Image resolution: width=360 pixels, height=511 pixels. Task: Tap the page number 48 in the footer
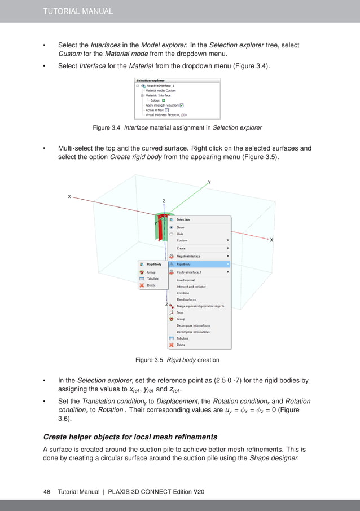47,492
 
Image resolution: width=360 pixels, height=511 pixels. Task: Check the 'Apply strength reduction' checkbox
190,105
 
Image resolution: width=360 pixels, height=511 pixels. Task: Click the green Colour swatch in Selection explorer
164,100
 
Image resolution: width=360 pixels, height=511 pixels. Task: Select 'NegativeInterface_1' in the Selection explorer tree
165,86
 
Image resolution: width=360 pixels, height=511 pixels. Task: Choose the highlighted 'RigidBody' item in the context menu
184,263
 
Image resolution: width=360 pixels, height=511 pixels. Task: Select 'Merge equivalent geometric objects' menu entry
200,306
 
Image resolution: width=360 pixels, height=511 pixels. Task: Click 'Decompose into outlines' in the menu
194,332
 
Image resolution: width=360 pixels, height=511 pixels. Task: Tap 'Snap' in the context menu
180,312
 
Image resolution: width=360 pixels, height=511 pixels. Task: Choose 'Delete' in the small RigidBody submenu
151,285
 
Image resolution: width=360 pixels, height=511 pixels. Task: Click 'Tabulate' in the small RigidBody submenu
152,279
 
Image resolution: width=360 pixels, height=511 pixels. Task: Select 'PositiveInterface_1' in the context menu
192,272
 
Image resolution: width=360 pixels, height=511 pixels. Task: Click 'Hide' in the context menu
180,234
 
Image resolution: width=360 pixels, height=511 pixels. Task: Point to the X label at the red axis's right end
271,240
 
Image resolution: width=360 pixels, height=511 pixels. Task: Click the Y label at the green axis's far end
209,183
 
